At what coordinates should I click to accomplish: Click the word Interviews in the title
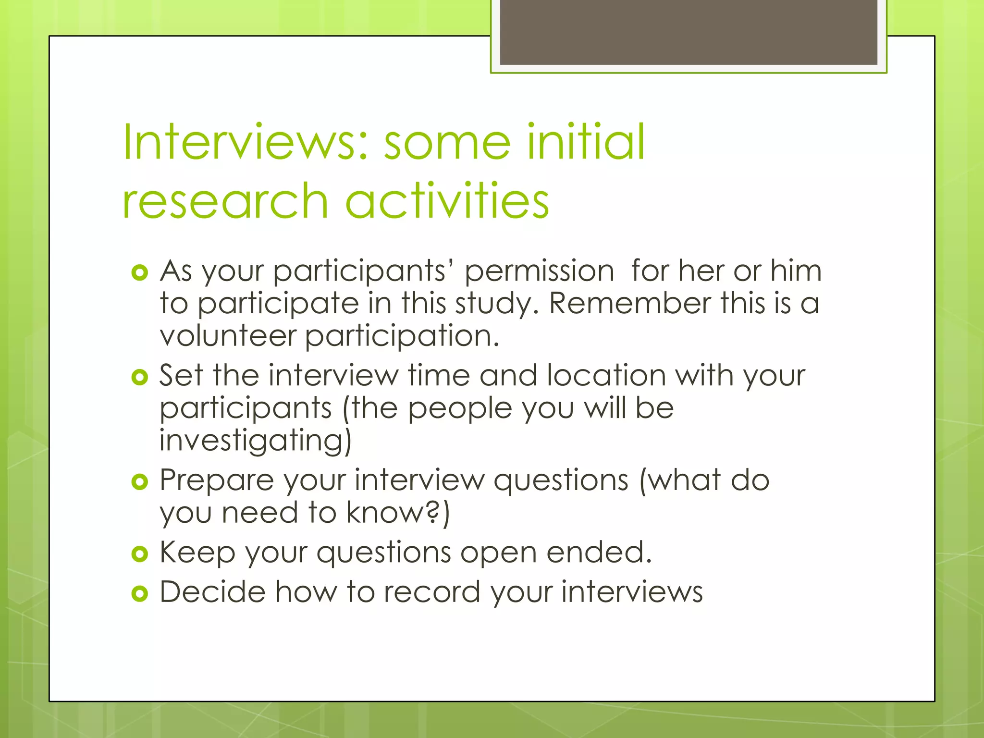(245, 142)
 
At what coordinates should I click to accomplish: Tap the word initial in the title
(586, 142)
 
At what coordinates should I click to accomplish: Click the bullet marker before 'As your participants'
(139, 273)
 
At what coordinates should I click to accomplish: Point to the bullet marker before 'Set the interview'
(139, 377)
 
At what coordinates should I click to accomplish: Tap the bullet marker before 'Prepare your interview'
(139, 481)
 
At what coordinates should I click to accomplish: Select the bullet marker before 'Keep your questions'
(139, 554)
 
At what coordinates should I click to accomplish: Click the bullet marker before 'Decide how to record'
(139, 594)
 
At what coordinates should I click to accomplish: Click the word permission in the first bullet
(539, 272)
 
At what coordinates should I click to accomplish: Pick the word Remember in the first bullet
(630, 304)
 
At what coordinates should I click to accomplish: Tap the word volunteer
(228, 336)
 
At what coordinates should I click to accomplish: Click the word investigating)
(255, 441)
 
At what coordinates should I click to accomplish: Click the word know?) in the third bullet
(398, 513)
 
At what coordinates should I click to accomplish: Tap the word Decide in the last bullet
(212, 591)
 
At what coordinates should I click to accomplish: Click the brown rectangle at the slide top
(688, 32)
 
